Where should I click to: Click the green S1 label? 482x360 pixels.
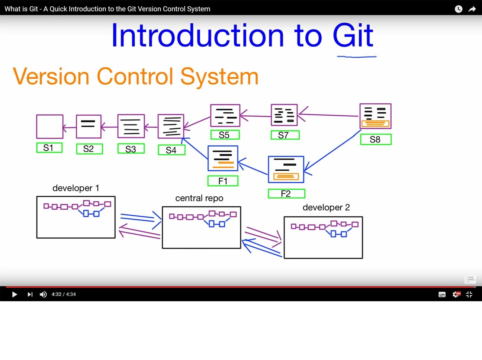[49, 148]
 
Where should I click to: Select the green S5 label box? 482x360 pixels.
[225, 135]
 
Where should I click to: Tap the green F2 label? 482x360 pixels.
[286, 193]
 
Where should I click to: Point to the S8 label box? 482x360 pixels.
[376, 139]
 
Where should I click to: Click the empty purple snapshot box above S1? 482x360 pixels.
[49, 126]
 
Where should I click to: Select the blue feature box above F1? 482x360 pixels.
[223, 158]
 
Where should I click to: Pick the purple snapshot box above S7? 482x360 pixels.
[284, 115]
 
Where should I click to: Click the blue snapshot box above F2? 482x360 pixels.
[286, 170]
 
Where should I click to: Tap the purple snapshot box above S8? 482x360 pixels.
[375, 116]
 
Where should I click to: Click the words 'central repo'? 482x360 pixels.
[199, 198]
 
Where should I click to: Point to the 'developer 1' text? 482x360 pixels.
[76, 188]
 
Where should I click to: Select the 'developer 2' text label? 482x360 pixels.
[326, 208]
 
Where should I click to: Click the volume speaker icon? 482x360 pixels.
[43, 295]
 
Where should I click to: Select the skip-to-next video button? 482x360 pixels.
[30, 295]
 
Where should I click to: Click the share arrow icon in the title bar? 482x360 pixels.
[472, 9]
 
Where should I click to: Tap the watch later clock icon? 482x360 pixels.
[459, 9]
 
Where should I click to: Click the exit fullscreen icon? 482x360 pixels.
[469, 295]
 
